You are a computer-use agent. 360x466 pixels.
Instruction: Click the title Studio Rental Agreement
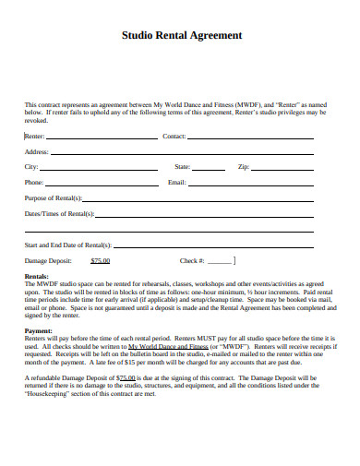pos(183,35)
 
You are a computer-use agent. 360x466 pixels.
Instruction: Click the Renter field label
pos(34,136)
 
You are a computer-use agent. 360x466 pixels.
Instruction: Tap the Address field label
pos(37,151)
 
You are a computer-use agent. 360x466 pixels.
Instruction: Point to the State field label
pos(182,167)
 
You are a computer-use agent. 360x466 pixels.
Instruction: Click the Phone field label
pos(34,183)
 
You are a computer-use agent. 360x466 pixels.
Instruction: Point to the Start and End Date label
pos(68,245)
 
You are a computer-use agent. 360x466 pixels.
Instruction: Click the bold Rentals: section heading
pos(37,277)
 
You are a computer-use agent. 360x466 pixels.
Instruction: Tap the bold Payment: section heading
pos(39,330)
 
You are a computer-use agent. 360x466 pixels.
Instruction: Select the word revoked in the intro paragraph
pos(35,120)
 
